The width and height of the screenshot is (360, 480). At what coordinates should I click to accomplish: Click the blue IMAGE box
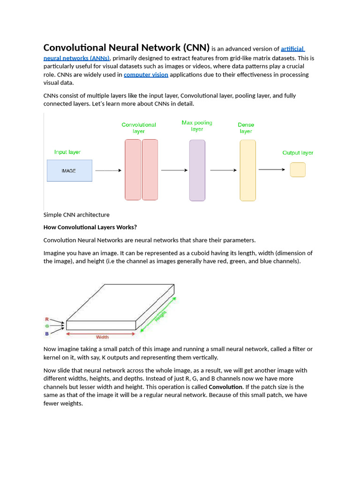(69, 171)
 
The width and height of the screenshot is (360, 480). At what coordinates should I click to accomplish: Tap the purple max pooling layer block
(197, 171)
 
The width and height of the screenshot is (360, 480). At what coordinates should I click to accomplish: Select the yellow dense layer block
(247, 171)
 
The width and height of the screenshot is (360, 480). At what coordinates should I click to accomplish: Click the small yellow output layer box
(298, 170)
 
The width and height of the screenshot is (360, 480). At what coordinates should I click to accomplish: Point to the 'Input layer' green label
(67, 152)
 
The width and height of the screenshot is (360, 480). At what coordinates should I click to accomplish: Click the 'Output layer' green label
(298, 153)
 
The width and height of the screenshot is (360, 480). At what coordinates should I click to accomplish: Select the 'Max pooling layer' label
(197, 126)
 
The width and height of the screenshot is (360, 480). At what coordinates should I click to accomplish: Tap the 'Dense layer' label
(246, 128)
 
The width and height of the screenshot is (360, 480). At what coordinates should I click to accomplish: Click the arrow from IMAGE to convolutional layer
(108, 171)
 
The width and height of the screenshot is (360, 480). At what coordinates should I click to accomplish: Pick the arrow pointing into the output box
(271, 170)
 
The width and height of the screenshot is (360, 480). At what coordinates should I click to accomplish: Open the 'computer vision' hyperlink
(146, 75)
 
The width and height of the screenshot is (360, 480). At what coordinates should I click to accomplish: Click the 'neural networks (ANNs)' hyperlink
(76, 58)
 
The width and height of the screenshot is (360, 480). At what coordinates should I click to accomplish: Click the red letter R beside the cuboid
(47, 319)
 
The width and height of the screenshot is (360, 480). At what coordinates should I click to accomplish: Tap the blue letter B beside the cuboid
(47, 334)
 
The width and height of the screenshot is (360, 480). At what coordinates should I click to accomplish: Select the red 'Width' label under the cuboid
(102, 337)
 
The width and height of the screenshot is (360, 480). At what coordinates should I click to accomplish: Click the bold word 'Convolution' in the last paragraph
(225, 387)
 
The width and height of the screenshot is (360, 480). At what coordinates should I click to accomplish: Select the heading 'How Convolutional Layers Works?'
(90, 227)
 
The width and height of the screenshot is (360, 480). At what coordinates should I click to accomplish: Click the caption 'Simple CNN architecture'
(76, 215)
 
